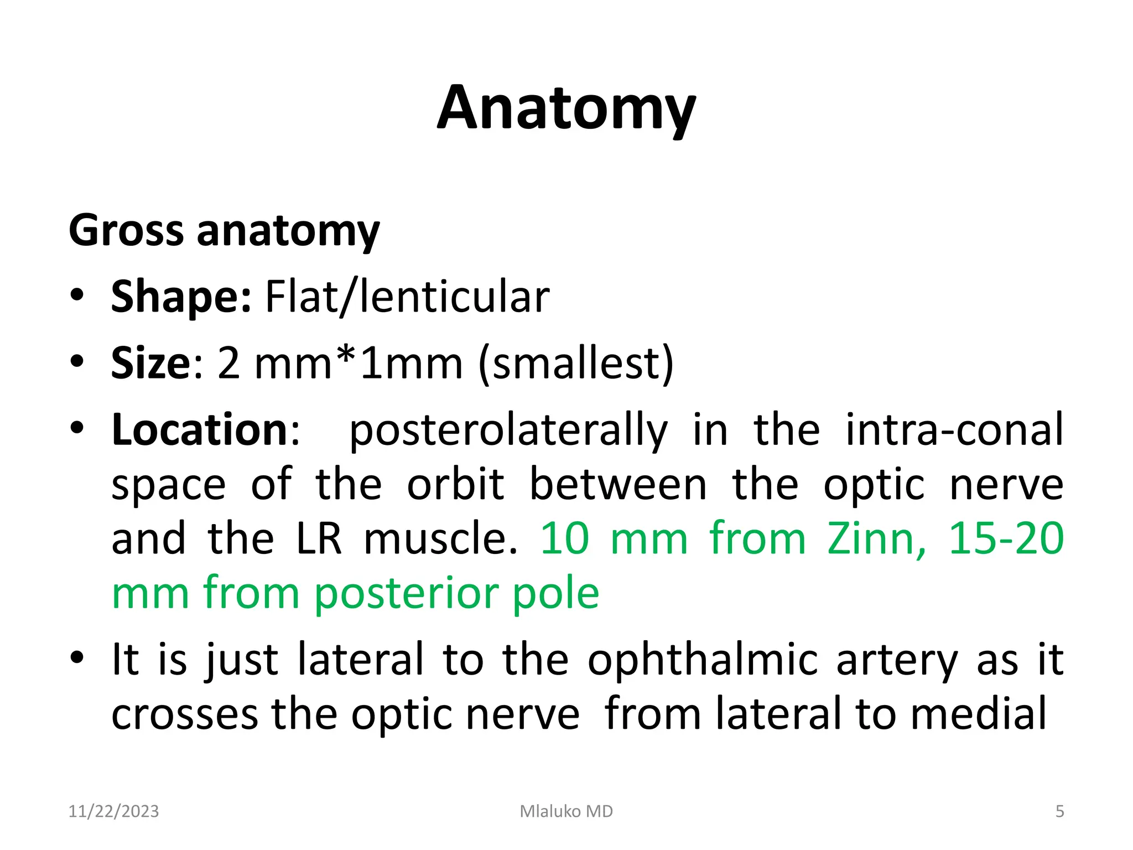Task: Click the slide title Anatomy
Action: pos(566,109)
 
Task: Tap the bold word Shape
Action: pos(181,297)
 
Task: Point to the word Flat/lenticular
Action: pos(407,297)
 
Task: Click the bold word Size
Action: pos(150,364)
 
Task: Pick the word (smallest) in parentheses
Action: pos(576,364)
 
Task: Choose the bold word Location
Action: pos(199,430)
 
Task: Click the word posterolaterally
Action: pos(508,430)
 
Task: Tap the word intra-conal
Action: pos(954,430)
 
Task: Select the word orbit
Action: pos(455,484)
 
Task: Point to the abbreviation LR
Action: pos(319,538)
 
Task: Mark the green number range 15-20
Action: pos(1006,538)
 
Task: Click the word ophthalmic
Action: pos(703,659)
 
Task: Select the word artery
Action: pos(897,659)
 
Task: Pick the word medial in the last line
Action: pos(979,713)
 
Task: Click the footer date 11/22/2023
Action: pos(113,811)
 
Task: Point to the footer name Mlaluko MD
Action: pos(566,811)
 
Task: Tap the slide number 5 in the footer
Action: pos(1059,811)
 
